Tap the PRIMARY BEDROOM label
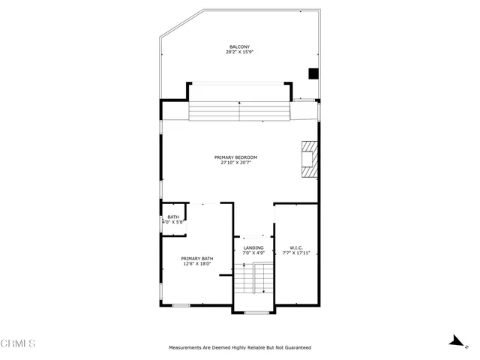pyautogui.click(x=235, y=157)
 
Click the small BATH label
pyautogui.click(x=173, y=217)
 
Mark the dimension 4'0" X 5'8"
pyautogui.click(x=173, y=223)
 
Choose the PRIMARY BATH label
pyautogui.click(x=196, y=258)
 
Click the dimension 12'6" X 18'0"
pyautogui.click(x=196, y=263)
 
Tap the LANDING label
pyautogui.click(x=253, y=247)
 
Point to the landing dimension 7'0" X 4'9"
pyautogui.click(x=253, y=253)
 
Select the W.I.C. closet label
pyautogui.click(x=295, y=247)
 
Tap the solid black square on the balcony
pyautogui.click(x=314, y=73)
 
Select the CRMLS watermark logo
pyautogui.click(x=19, y=345)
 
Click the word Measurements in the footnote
pyautogui.click(x=185, y=348)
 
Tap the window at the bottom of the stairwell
pyautogui.click(x=256, y=312)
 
